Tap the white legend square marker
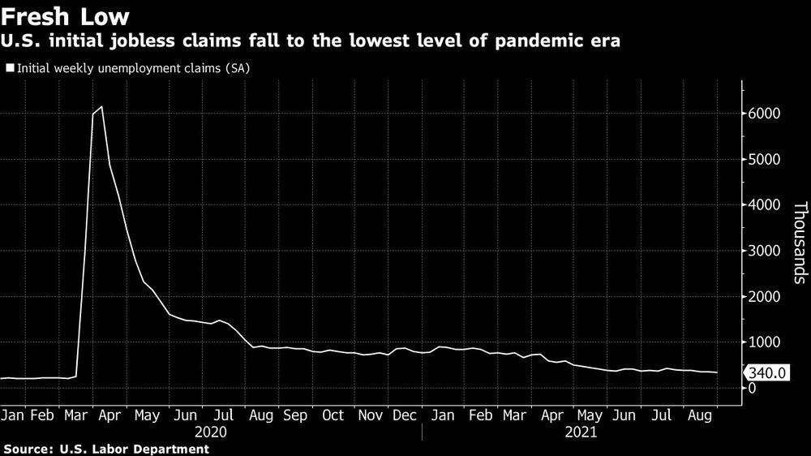click(x=9, y=69)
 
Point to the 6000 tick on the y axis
click(x=764, y=114)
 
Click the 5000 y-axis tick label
click(x=764, y=160)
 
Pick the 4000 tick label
click(x=764, y=205)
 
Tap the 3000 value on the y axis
click(x=764, y=252)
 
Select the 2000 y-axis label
click(x=764, y=297)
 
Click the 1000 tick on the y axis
click(x=764, y=342)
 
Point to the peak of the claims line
click(x=101, y=107)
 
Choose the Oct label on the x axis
click(x=333, y=415)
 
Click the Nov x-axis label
click(x=371, y=415)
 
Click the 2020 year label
click(x=210, y=432)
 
